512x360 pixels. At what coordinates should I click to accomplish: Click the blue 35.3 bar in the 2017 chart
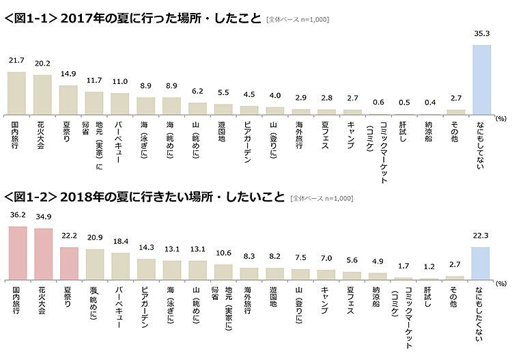pos(483,79)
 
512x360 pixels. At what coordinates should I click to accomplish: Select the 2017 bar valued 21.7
pos(16,92)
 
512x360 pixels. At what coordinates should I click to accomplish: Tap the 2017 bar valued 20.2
pos(42,94)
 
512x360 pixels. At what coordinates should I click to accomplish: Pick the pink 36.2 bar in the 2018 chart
pos(16,253)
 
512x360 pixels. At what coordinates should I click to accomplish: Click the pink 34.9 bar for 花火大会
pos(42,254)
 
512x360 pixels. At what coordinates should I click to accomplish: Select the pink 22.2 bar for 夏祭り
pos(68,264)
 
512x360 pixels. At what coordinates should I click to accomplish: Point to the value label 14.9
pos(68,74)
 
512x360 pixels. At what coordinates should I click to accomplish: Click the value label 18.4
pos(120,243)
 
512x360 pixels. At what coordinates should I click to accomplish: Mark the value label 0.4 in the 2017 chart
pos(430,102)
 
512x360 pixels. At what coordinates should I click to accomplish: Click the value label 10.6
pos(223,253)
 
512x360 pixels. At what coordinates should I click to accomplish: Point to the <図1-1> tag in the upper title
pos(30,19)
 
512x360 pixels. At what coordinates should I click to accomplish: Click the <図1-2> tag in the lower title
pos(30,198)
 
